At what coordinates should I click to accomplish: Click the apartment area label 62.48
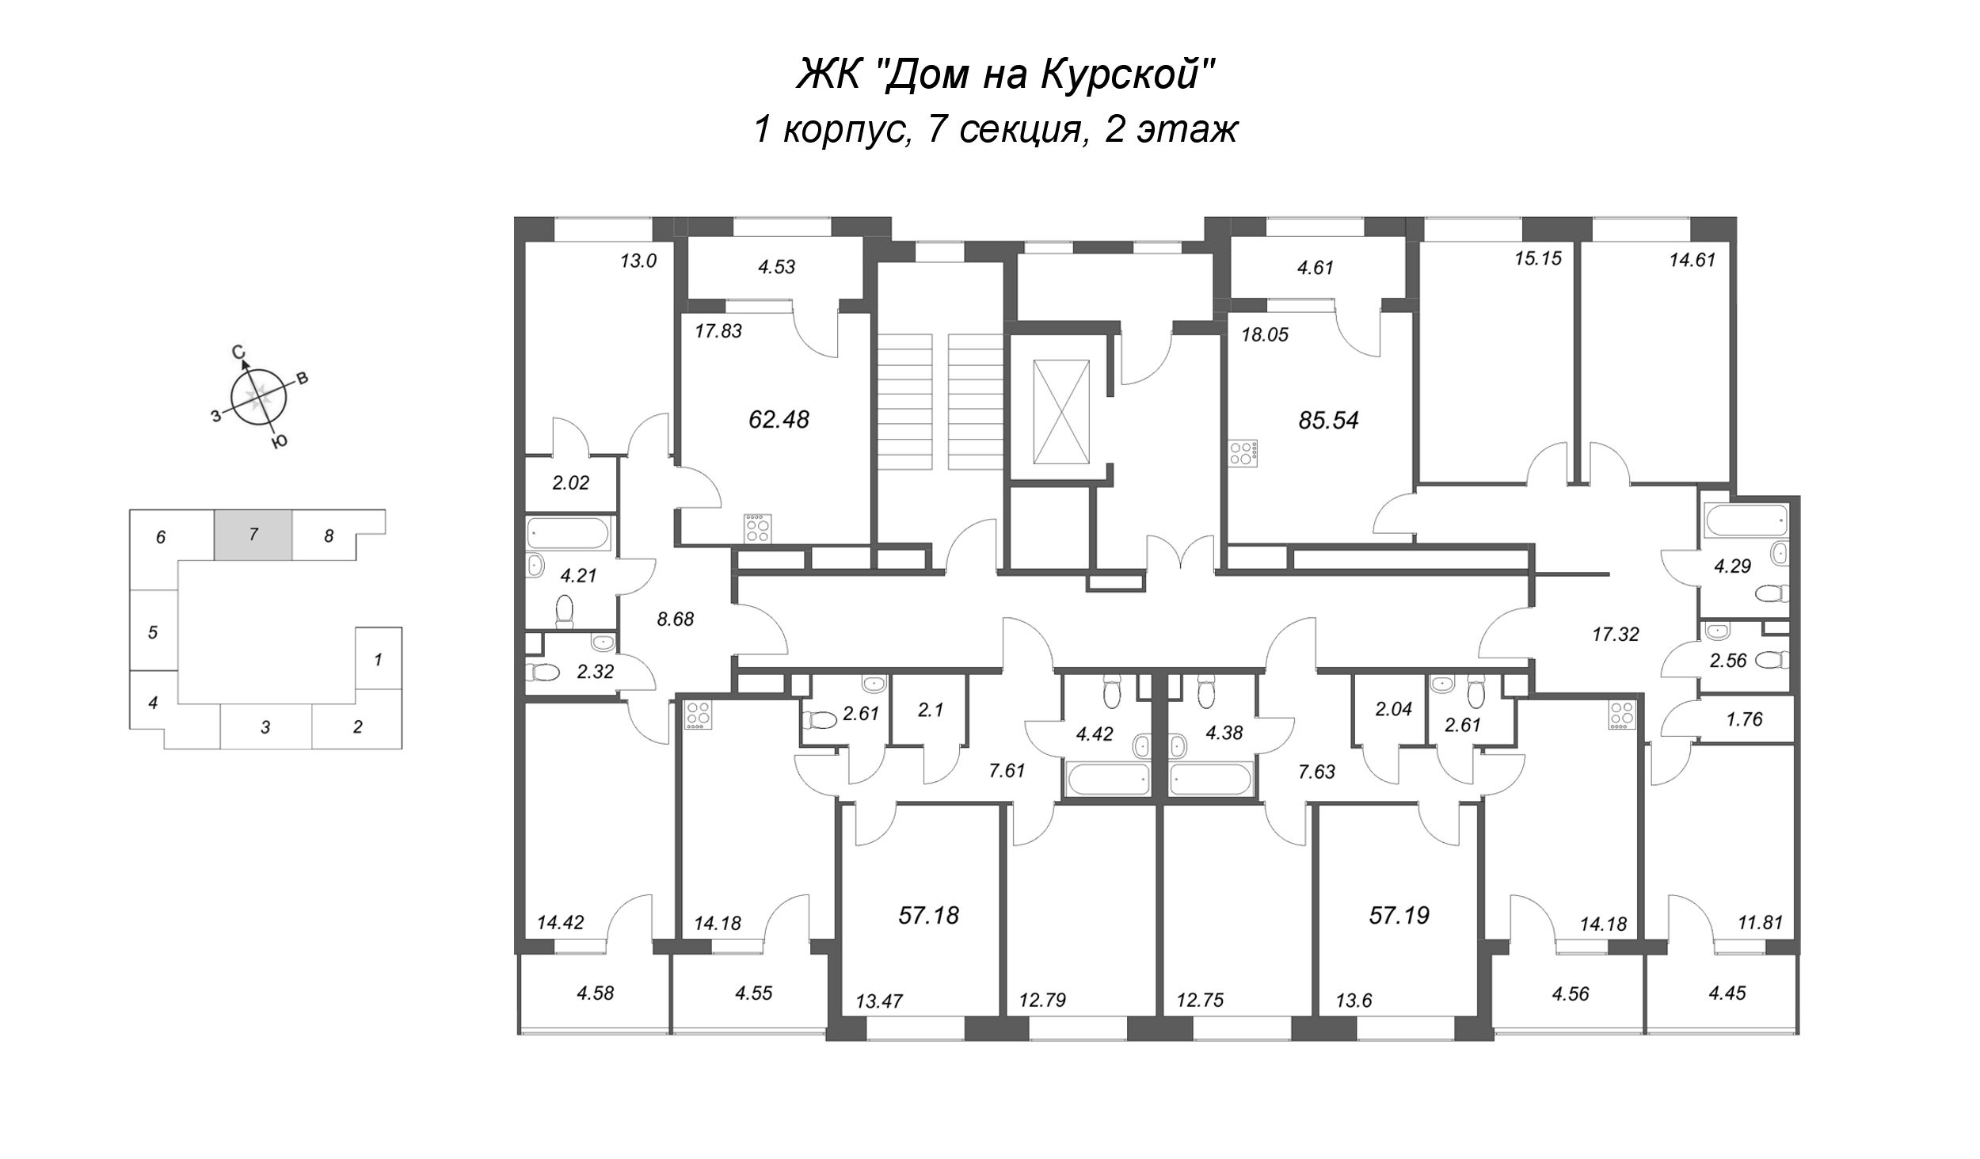pos(779,419)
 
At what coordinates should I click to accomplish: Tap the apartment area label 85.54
pos(1328,420)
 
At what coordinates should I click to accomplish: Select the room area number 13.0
pos(638,261)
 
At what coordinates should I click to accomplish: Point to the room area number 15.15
pos(1538,258)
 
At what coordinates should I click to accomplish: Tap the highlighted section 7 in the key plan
pos(253,535)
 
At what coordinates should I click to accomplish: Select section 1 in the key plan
pos(379,658)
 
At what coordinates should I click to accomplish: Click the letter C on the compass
pos(237,353)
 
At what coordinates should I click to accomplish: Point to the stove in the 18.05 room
pos(1242,454)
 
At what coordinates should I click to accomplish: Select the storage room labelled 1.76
pos(1743,719)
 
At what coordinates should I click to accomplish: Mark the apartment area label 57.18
pos(928,916)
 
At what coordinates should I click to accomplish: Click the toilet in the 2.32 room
pos(543,673)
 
